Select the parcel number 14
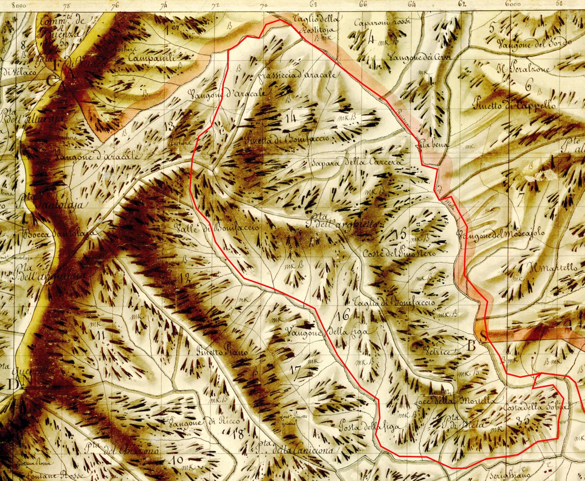[x=291, y=118]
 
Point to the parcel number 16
[x=344, y=316]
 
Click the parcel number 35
[x=523, y=422]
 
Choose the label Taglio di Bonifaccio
[x=394, y=302]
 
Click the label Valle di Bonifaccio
[x=217, y=228]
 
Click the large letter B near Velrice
[x=471, y=345]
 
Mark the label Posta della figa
[x=367, y=424]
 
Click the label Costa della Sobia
[x=534, y=408]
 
